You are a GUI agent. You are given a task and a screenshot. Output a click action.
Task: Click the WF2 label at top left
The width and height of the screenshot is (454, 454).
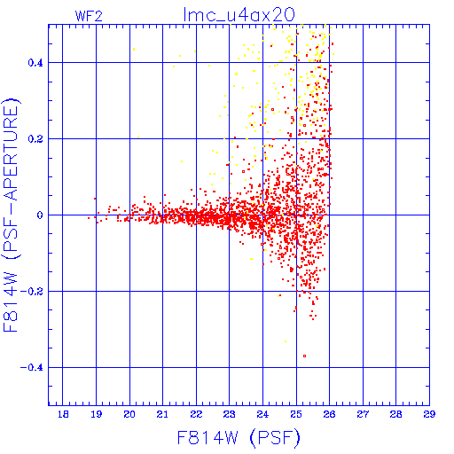(x=89, y=16)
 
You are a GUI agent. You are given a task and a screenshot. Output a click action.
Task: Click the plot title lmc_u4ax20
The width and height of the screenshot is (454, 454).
(x=239, y=15)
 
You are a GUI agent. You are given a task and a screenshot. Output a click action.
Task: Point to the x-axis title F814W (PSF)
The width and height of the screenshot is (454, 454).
(x=239, y=437)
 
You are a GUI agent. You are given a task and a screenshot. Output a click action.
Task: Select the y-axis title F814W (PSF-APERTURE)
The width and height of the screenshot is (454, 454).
(x=12, y=215)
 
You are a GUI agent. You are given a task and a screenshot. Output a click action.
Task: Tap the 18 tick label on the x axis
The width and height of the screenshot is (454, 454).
(x=63, y=414)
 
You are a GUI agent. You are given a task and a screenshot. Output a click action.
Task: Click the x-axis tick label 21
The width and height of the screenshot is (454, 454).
(x=162, y=414)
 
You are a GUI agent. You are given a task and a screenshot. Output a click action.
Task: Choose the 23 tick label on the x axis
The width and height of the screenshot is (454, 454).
(x=230, y=414)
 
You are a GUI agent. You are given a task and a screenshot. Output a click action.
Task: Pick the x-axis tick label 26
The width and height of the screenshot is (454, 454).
(x=329, y=414)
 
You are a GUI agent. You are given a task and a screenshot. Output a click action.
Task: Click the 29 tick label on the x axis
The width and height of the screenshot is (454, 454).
(x=429, y=414)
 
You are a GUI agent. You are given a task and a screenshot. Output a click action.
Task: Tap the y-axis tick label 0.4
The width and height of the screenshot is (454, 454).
(x=35, y=63)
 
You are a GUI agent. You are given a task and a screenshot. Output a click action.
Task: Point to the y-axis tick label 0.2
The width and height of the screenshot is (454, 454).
(x=35, y=139)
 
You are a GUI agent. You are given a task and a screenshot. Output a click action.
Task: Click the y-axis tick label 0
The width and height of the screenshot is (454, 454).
(x=40, y=215)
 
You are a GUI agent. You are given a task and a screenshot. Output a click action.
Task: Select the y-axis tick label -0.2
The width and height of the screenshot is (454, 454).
(x=31, y=292)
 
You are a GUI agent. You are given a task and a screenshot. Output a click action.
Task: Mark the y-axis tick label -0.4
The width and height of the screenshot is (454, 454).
(x=31, y=368)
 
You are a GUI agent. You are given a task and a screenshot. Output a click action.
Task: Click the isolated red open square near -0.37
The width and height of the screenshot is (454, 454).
(x=304, y=356)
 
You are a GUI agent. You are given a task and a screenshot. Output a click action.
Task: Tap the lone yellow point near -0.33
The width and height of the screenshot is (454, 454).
(x=286, y=341)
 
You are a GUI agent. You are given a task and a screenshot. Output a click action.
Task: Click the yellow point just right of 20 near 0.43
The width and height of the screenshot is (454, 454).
(x=134, y=49)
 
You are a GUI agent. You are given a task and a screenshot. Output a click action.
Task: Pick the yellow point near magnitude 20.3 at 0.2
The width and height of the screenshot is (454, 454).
(x=138, y=137)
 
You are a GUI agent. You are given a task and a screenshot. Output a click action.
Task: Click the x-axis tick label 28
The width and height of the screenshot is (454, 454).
(x=395, y=414)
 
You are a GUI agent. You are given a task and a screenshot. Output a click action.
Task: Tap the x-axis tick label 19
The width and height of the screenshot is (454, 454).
(x=97, y=414)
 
